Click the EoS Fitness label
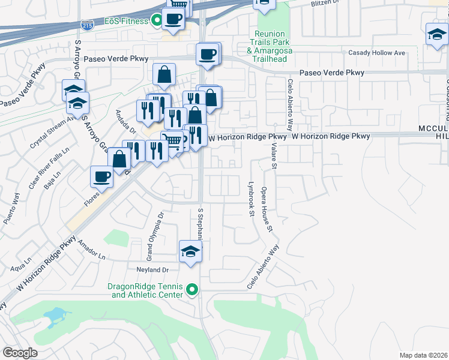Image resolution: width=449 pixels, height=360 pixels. [x=126, y=21]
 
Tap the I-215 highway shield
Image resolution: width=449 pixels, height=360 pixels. [x=86, y=25]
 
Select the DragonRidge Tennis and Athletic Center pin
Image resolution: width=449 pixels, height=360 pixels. [x=192, y=290]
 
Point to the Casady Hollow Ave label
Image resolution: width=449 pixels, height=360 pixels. [x=377, y=53]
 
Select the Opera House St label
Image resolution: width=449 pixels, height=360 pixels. [x=268, y=210]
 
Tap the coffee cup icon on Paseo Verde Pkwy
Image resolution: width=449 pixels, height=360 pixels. [x=207, y=54]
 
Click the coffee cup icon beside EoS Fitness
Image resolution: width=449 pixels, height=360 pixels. [x=173, y=18]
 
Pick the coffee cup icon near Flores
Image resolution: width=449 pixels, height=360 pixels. [x=101, y=176]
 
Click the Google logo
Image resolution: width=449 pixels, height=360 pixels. [x=20, y=353]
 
